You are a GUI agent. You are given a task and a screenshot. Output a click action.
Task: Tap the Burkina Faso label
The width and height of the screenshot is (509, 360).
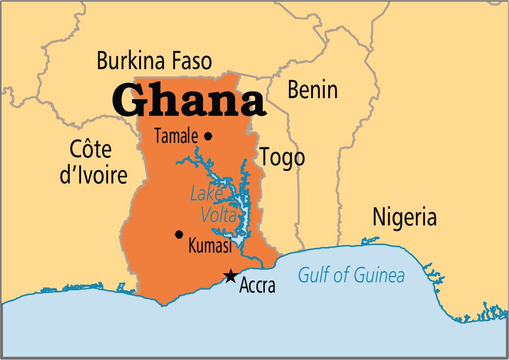(x=154, y=62)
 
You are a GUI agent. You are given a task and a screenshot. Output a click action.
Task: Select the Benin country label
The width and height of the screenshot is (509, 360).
(x=312, y=90)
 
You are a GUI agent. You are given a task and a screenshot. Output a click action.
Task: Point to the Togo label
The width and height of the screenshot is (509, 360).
(x=282, y=158)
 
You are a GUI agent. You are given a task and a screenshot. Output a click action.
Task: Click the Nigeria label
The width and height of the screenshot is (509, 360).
(x=404, y=217)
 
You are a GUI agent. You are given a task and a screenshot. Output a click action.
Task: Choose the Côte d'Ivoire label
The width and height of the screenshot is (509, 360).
(x=93, y=162)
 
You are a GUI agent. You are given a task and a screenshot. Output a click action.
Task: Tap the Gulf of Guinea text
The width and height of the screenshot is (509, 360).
(x=351, y=276)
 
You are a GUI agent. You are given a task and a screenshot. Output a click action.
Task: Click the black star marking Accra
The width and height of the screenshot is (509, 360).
(x=229, y=277)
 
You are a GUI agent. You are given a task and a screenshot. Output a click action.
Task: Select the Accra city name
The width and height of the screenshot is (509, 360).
(x=257, y=286)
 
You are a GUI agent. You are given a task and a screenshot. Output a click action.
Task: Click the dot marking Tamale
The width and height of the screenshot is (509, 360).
(x=208, y=136)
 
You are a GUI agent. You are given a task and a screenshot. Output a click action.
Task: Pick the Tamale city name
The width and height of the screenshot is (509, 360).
(x=176, y=137)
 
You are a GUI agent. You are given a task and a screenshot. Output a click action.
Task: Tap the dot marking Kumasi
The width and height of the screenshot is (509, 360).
(x=179, y=234)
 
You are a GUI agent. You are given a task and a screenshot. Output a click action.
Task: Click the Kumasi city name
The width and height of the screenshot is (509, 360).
(x=210, y=246)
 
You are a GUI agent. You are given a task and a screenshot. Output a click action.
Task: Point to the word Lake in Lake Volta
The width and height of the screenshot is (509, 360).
(x=205, y=194)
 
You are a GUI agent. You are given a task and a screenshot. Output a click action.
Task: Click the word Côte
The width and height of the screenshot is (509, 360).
(x=91, y=149)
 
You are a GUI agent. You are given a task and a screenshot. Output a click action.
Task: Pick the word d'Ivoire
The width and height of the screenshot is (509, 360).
(x=93, y=175)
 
